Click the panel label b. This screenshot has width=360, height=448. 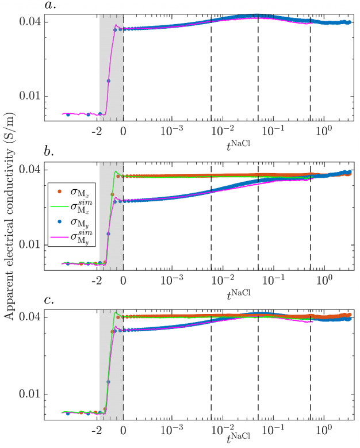[x=49, y=154]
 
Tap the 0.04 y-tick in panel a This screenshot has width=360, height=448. [x=30, y=22]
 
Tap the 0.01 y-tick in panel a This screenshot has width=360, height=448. [x=30, y=96]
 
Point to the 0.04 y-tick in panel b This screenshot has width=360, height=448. [x=30, y=170]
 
